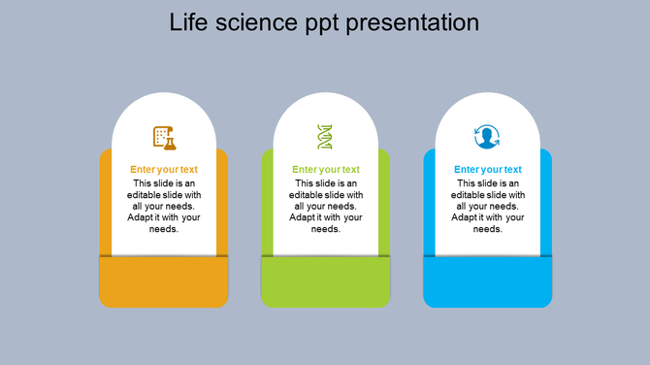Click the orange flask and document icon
pyautogui.click(x=164, y=137)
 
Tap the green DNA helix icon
pyautogui.click(x=325, y=137)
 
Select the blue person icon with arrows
pyautogui.click(x=487, y=137)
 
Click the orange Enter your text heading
pyautogui.click(x=164, y=170)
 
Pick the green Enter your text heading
pyautogui.click(x=326, y=170)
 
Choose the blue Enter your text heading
pyautogui.click(x=488, y=170)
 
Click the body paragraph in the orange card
pyautogui.click(x=164, y=206)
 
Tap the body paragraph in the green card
pyautogui.click(x=326, y=206)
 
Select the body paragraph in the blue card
pyautogui.click(x=488, y=206)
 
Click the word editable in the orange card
pyautogui.click(x=146, y=194)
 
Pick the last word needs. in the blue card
pyautogui.click(x=488, y=229)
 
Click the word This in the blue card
pyautogui.click(x=467, y=182)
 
